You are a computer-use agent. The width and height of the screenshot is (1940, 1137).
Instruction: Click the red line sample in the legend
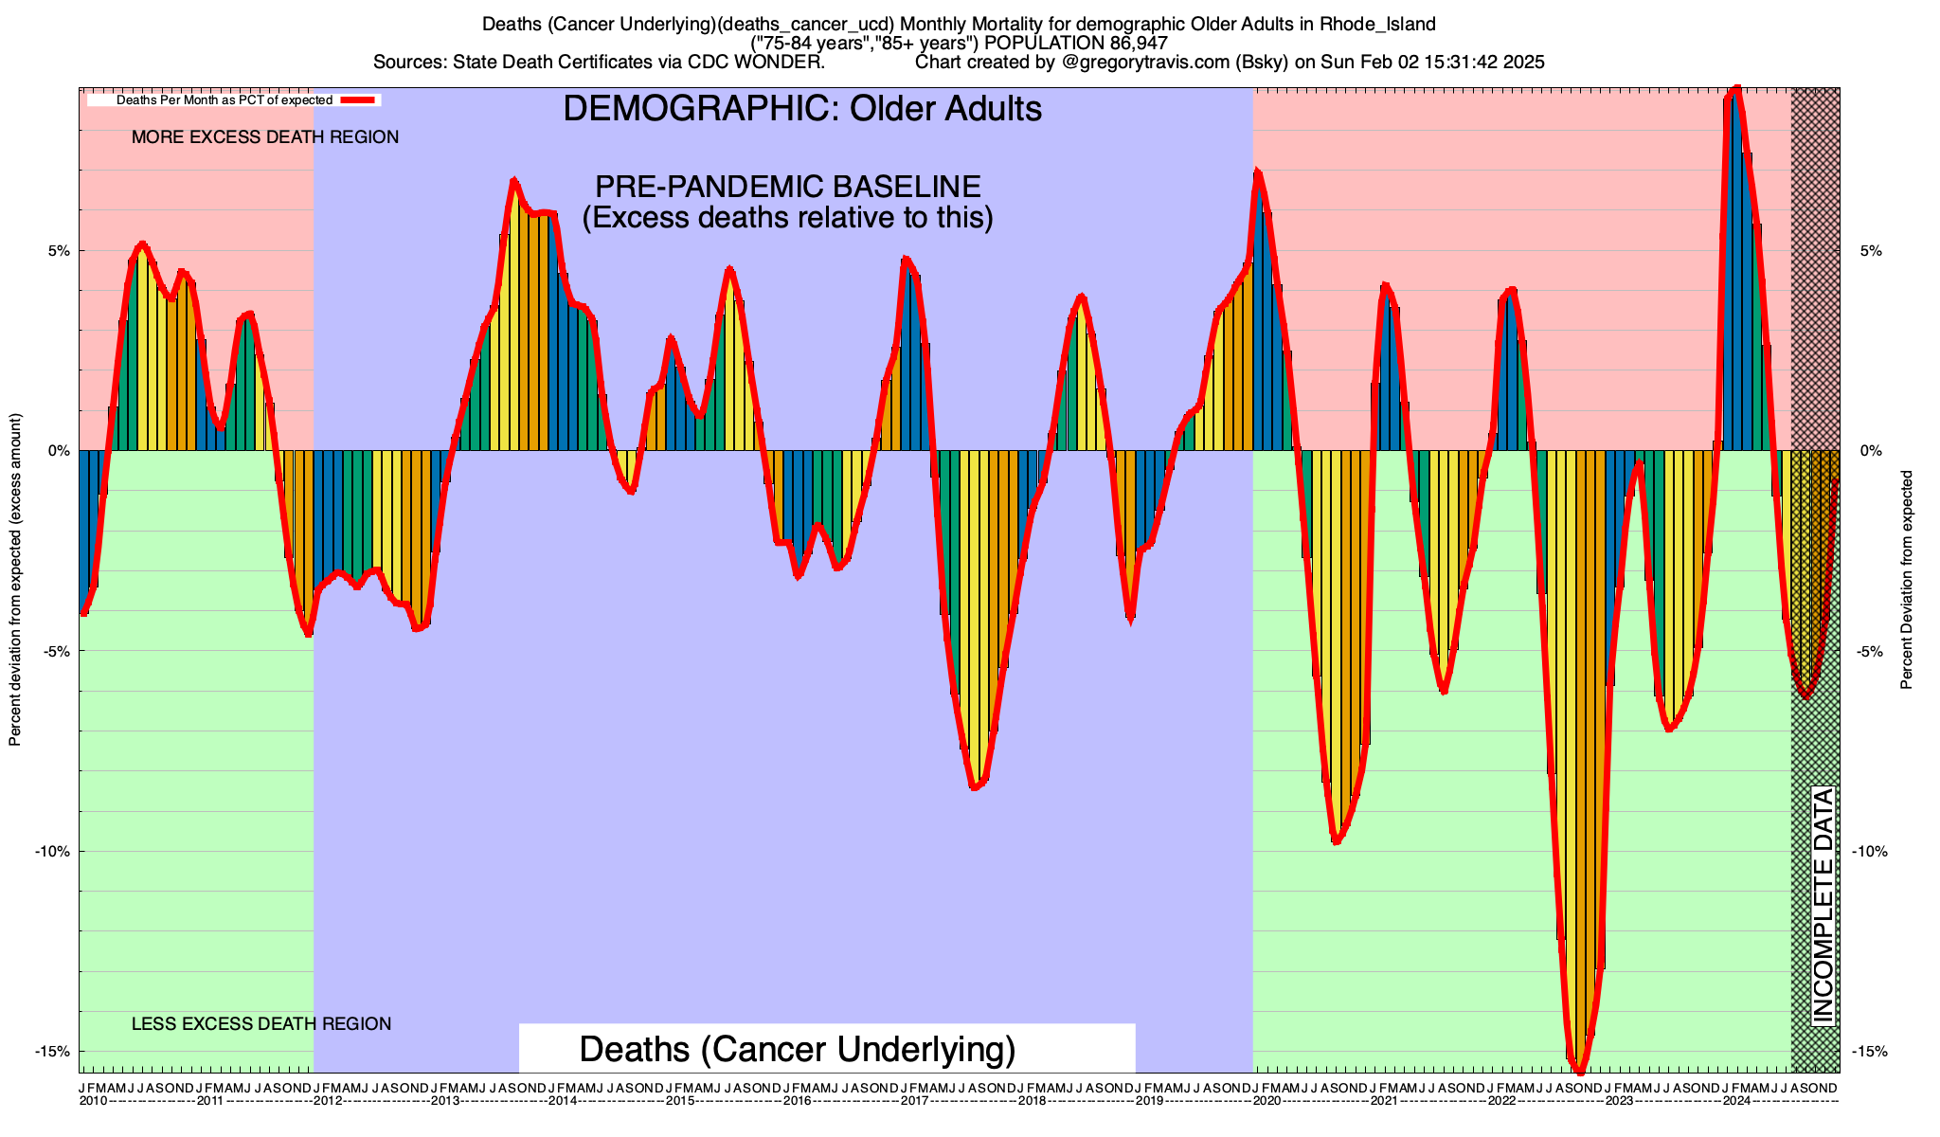[359, 99]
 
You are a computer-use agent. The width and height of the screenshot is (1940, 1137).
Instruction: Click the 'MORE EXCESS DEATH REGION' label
[265, 137]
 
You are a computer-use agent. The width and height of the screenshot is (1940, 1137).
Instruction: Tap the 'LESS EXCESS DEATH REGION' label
[261, 1024]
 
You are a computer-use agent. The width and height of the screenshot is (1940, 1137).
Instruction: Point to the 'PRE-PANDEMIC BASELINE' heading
[787, 187]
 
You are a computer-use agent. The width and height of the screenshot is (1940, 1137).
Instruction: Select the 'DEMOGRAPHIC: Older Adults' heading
[802, 109]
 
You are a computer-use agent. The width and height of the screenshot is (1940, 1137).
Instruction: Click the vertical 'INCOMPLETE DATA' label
[1823, 905]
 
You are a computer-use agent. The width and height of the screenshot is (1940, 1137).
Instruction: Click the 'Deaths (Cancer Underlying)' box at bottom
[797, 1050]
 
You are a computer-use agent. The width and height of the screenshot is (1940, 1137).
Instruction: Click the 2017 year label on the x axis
[914, 1101]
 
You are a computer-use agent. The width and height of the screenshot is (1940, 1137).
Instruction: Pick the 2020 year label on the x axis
[1266, 1101]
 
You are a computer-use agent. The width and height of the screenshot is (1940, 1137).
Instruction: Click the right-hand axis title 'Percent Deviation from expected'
[1907, 580]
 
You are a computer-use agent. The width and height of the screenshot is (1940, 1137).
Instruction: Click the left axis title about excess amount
[15, 580]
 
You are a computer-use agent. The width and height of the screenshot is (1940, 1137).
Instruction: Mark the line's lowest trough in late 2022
[1579, 1072]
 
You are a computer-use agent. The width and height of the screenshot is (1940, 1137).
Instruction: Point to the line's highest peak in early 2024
[1735, 89]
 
